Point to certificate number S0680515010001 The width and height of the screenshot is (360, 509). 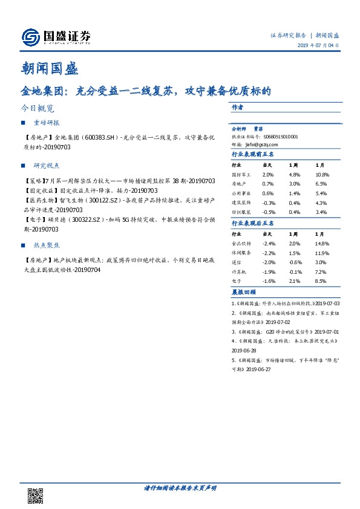point(278,137)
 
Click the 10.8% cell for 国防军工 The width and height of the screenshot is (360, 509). point(321,173)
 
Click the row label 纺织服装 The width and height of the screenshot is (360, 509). point(241,212)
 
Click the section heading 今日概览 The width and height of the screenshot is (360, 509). point(37,109)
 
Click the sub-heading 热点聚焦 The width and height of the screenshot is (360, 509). point(47,245)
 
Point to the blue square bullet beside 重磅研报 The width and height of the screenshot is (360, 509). point(22,123)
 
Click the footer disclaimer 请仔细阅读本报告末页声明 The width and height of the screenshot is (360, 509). point(180,487)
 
